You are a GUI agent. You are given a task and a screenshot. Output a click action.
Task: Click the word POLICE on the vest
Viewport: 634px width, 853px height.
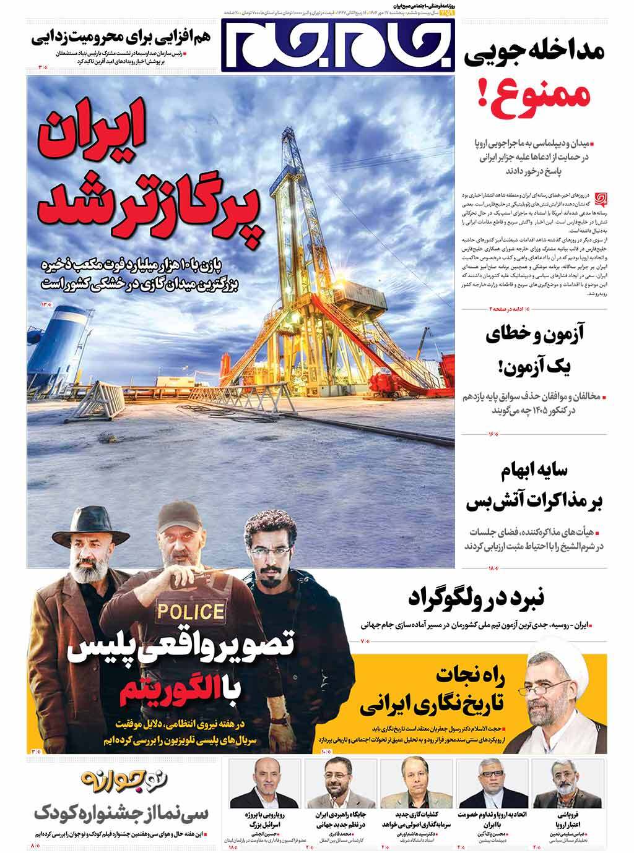coord(190,612)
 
